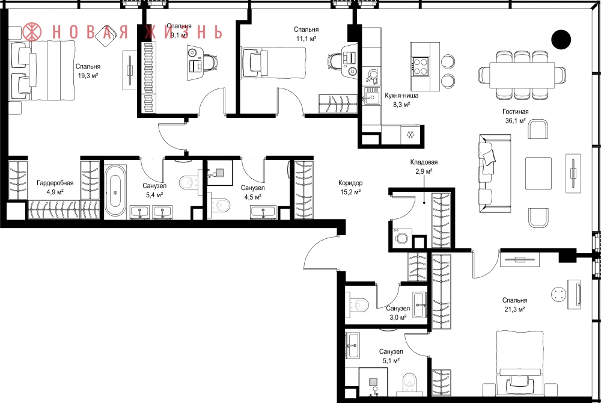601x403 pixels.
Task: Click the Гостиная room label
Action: (x=515, y=112)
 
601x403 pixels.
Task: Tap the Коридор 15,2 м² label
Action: (x=350, y=188)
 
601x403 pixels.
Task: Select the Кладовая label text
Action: (x=424, y=162)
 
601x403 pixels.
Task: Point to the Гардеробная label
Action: (x=55, y=183)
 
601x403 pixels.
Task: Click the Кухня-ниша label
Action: (x=401, y=96)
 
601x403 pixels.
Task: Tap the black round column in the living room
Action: (x=561, y=40)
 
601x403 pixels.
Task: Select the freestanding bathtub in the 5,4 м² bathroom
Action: (x=115, y=191)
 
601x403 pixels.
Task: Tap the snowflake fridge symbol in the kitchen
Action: (x=411, y=135)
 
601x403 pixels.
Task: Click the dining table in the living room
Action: (x=522, y=75)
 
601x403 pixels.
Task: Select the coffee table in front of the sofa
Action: (x=538, y=173)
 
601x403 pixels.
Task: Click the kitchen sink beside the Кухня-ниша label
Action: (x=370, y=96)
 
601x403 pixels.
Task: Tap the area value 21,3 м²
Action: (x=514, y=309)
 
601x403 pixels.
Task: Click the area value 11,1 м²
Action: (x=306, y=38)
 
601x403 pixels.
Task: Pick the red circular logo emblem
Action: (x=32, y=32)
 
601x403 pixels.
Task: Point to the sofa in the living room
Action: (x=495, y=173)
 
